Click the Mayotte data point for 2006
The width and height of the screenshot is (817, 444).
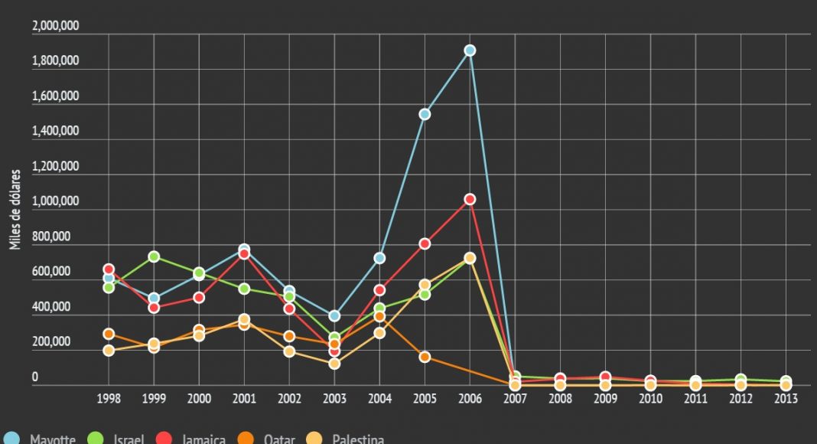pyautogui.click(x=470, y=51)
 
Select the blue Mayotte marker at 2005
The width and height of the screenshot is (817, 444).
pyautogui.click(x=425, y=114)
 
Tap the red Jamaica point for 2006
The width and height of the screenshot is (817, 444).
pyautogui.click(x=470, y=199)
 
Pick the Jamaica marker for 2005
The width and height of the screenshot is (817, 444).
pyautogui.click(x=425, y=243)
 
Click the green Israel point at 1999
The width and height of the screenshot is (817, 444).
pyautogui.click(x=154, y=256)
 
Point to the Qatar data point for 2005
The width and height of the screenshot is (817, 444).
pyautogui.click(x=425, y=357)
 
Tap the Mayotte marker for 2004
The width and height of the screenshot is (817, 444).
pyautogui.click(x=379, y=258)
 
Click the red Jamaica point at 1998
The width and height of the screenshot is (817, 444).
pyautogui.click(x=109, y=269)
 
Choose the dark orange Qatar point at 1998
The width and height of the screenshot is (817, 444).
pyautogui.click(x=109, y=334)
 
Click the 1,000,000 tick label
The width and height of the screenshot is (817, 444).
pyautogui.click(x=56, y=201)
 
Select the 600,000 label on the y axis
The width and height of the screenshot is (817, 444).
pyautogui.click(x=50, y=272)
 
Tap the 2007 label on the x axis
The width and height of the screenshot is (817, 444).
pyautogui.click(x=515, y=399)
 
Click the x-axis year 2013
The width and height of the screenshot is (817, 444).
pyautogui.click(x=786, y=399)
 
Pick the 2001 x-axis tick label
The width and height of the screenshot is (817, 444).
pyautogui.click(x=244, y=399)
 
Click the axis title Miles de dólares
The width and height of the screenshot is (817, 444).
pyautogui.click(x=15, y=210)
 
